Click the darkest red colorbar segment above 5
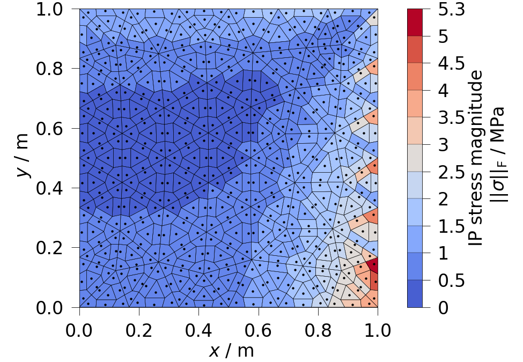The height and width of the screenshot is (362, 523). coord(414,23)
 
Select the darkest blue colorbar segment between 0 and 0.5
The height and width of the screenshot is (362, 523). coord(414,294)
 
